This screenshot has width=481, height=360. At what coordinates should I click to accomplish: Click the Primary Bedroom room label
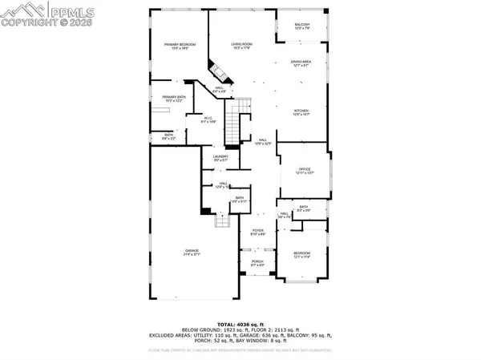tap(176, 47)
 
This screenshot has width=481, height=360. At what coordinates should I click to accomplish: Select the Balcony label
tap(302, 26)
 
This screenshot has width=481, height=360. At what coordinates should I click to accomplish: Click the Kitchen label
tap(302, 113)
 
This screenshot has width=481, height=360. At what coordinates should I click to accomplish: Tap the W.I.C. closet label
tap(207, 121)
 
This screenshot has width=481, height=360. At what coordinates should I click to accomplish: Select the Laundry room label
tap(220, 158)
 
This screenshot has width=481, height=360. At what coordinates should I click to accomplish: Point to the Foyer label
tap(258, 232)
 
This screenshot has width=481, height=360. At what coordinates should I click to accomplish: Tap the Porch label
tap(258, 262)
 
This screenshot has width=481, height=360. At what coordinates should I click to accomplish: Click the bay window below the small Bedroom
tap(301, 281)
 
